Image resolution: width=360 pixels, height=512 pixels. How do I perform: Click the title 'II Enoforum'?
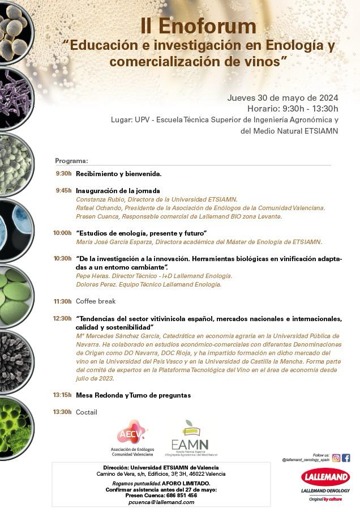tap(198, 26)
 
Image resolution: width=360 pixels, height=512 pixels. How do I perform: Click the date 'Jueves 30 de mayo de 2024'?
tap(282, 97)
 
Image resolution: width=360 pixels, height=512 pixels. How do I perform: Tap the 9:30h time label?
tap(63, 174)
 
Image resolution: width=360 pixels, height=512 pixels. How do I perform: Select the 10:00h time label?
tap(62, 233)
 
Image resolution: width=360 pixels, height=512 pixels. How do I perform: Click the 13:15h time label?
tap(62, 395)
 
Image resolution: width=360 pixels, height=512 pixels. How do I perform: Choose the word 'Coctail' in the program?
tap(87, 412)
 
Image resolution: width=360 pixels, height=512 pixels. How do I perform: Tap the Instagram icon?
tap(336, 458)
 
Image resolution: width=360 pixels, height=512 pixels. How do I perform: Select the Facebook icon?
tap(346, 458)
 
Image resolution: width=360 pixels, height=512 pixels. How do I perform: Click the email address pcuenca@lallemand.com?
tap(161, 502)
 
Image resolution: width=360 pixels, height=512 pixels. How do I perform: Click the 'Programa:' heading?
tap(71, 161)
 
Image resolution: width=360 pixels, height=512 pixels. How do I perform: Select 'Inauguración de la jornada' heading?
tap(118, 191)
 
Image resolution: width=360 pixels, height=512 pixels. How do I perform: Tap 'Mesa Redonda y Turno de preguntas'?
tap(133, 395)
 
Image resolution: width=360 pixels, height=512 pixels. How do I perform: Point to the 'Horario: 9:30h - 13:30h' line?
tap(292, 108)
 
